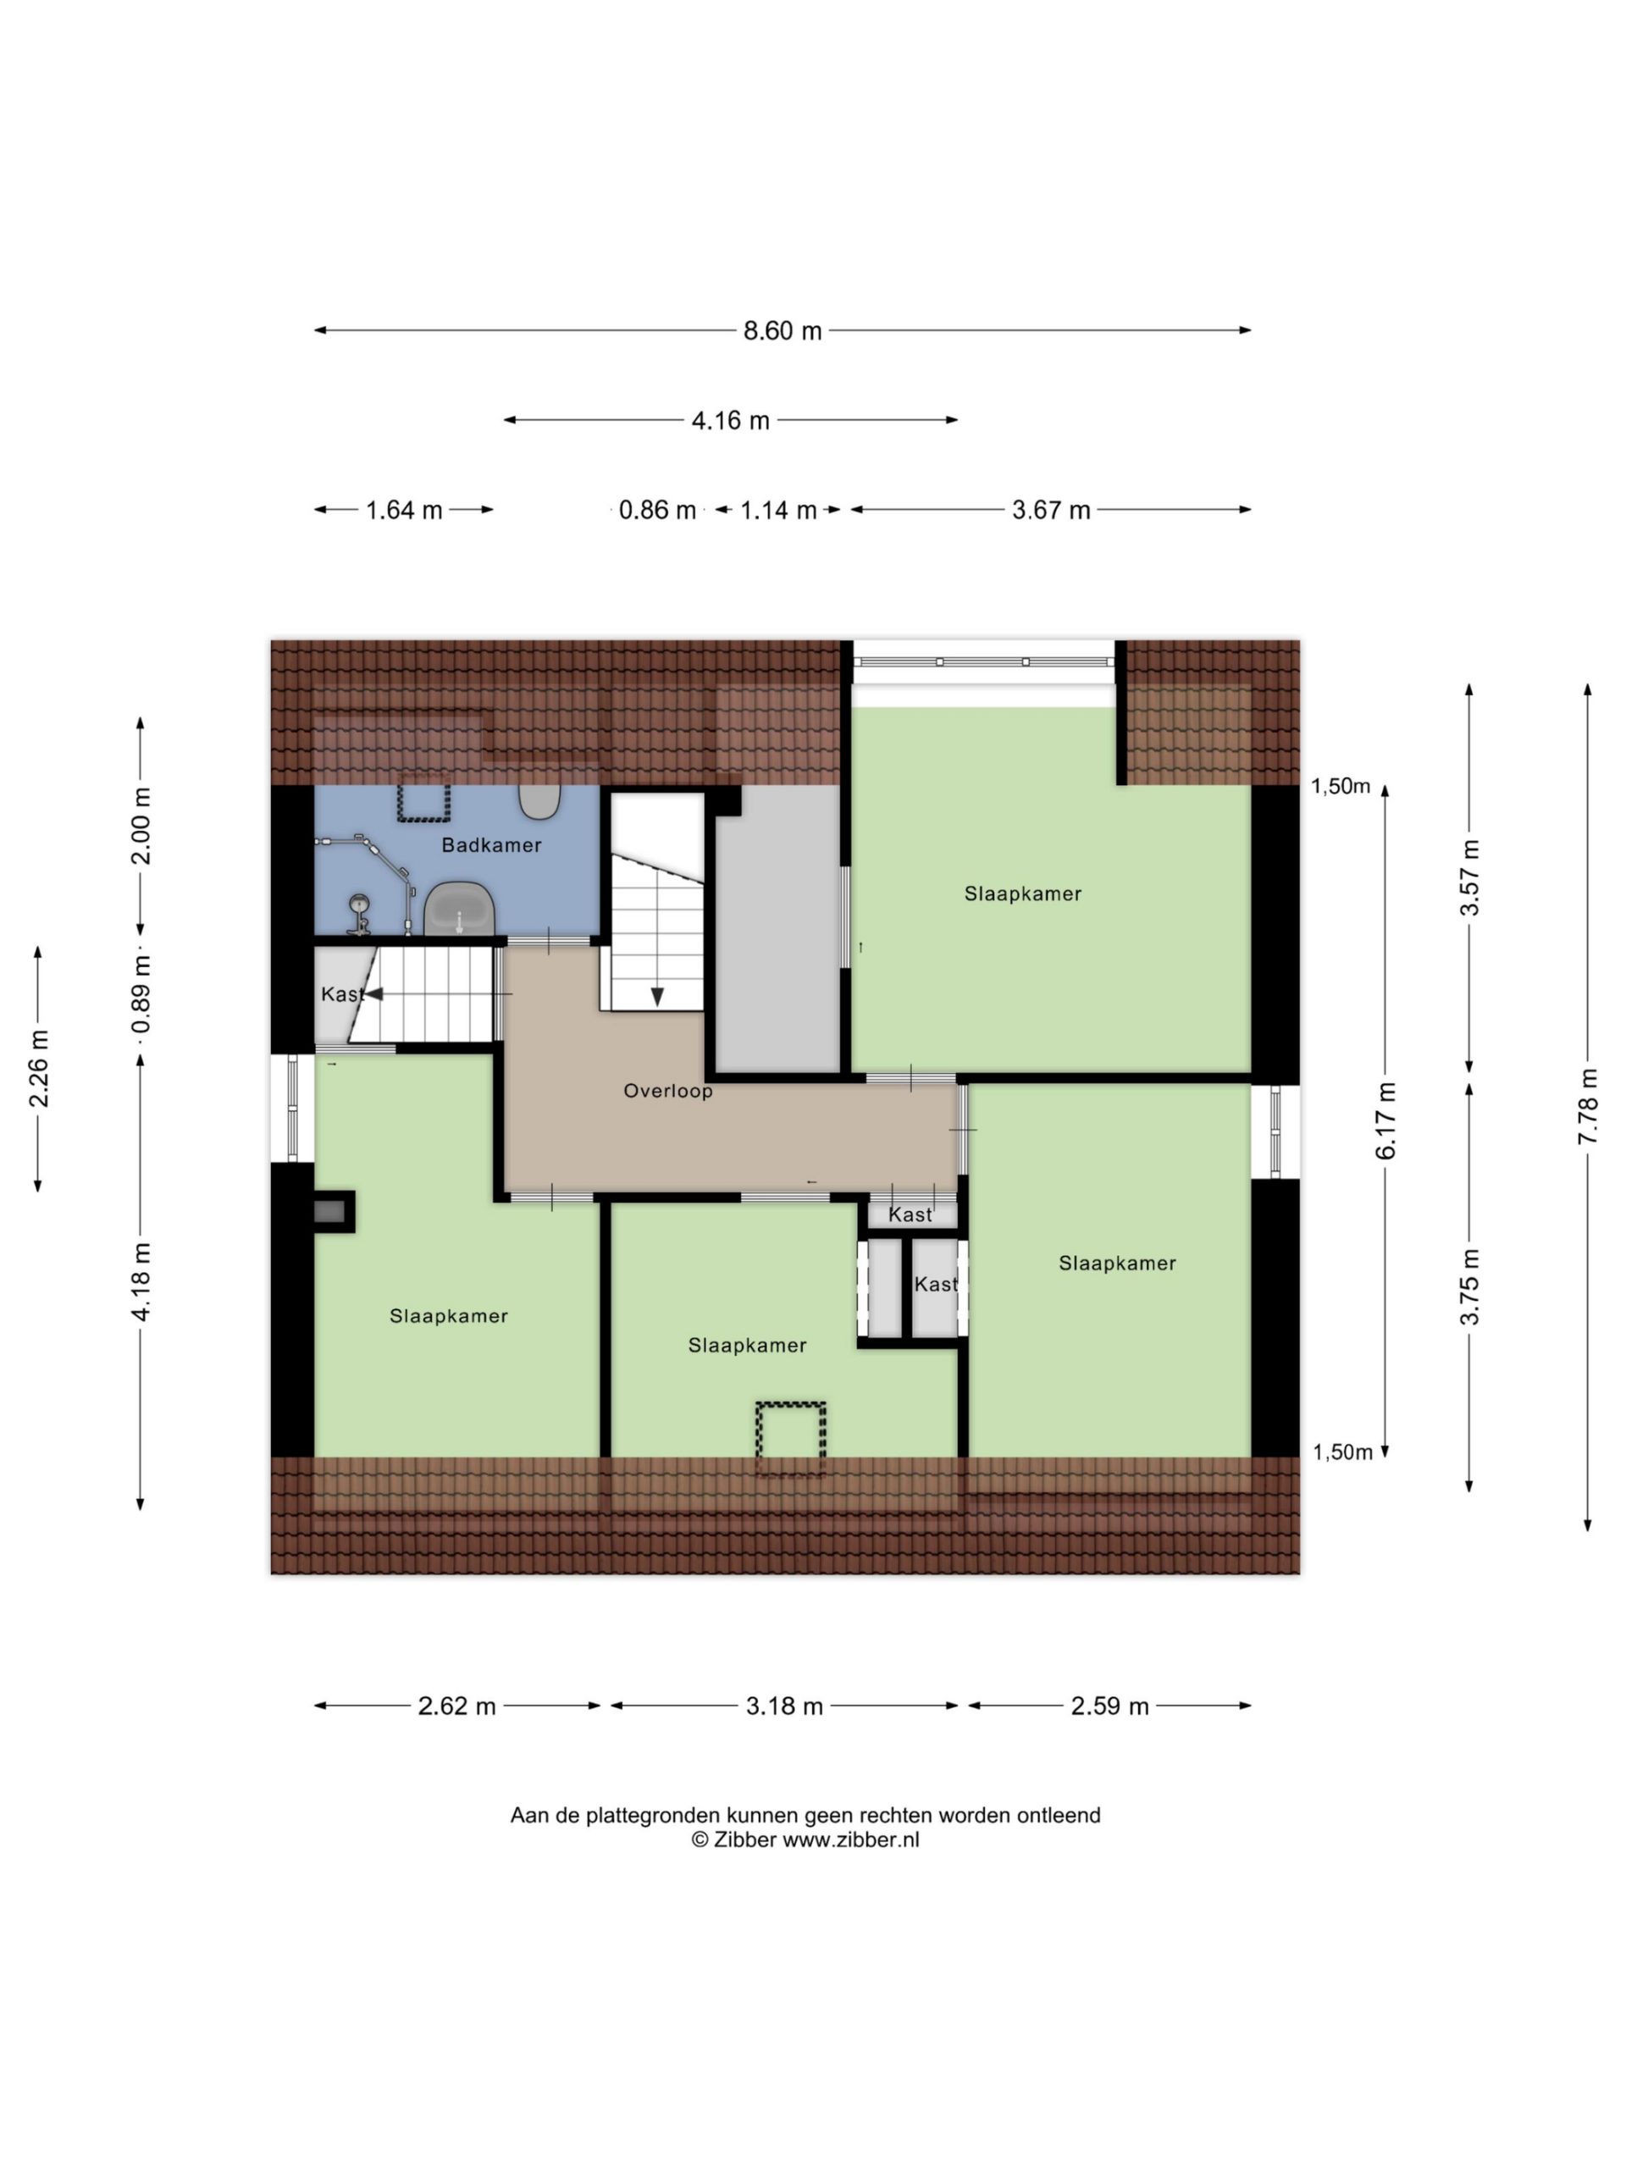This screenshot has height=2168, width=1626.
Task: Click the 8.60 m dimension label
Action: point(781,331)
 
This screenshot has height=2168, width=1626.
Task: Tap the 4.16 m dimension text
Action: point(730,420)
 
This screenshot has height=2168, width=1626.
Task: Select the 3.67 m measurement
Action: point(1051,510)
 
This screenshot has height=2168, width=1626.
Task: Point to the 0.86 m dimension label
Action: point(656,510)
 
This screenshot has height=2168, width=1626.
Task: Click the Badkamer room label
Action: point(491,845)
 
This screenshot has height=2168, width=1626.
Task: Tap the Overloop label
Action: point(668,1091)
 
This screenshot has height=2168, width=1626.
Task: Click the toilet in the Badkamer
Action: point(539,801)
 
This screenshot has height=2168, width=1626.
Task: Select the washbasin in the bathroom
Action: point(459,909)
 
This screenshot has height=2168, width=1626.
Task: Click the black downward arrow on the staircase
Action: point(656,997)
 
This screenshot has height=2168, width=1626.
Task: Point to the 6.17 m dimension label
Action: point(1385,1120)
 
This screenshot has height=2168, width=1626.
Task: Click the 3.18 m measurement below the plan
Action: point(784,1706)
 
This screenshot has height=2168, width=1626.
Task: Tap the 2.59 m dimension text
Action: point(1109,1706)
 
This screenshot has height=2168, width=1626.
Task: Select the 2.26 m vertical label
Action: point(38,1068)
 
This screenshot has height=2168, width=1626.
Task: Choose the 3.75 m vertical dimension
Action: point(1470,1286)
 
